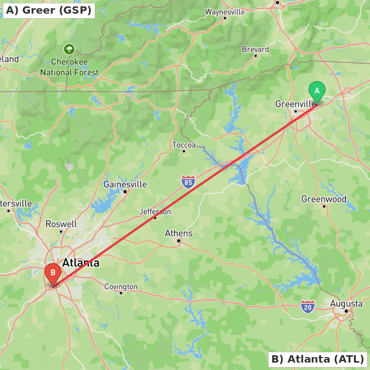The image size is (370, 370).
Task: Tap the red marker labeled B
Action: click(x=53, y=273)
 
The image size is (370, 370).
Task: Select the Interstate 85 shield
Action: click(x=188, y=182)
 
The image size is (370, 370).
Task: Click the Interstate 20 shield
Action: click(x=307, y=307)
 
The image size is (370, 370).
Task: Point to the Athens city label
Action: click(x=179, y=233)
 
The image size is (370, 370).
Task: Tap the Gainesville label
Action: click(x=125, y=184)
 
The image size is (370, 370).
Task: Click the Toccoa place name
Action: click(x=184, y=145)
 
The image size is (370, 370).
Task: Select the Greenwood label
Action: click(x=324, y=199)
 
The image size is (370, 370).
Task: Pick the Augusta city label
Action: click(x=346, y=304)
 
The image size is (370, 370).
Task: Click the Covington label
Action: click(x=121, y=287)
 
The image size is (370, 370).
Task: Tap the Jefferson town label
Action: click(x=155, y=212)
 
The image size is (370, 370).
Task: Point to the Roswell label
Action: click(x=61, y=224)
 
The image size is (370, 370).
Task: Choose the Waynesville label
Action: click(x=225, y=12)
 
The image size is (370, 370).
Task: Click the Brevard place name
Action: click(x=255, y=49)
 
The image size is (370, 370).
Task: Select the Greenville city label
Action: click(x=295, y=104)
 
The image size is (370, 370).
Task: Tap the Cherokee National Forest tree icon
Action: click(x=69, y=49)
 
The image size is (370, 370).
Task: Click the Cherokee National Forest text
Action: click(x=70, y=67)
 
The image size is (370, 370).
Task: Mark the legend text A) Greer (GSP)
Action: click(x=48, y=10)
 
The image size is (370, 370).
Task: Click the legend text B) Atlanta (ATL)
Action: click(x=317, y=359)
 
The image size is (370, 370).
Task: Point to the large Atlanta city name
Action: click(x=81, y=263)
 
